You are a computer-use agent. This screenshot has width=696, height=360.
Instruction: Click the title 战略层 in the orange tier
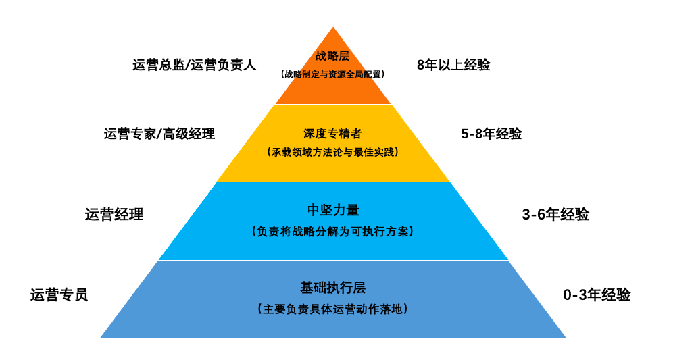332,56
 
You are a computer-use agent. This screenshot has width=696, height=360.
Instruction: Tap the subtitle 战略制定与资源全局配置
333,74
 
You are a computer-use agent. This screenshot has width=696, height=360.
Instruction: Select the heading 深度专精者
333,134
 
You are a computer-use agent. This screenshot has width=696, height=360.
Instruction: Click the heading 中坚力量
333,210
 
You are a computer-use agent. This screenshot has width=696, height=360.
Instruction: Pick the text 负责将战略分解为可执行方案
333,231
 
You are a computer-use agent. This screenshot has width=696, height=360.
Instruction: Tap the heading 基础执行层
333,288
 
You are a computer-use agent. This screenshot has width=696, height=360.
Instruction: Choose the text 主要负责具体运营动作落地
333,309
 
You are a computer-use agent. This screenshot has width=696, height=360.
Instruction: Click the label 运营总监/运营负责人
195,66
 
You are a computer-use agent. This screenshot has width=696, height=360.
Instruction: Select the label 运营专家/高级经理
159,134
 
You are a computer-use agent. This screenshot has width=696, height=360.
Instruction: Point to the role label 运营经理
114,215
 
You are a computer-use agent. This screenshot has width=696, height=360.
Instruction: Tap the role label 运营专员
59,295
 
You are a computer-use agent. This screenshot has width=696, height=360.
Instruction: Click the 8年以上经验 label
453,65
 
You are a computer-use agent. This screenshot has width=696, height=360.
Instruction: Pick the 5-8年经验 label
491,134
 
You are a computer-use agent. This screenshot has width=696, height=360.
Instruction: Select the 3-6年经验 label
555,215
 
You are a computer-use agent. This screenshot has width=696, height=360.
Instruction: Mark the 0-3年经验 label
597,295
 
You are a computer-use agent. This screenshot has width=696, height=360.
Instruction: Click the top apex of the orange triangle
333,28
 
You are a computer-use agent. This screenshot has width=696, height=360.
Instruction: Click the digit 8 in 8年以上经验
421,65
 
